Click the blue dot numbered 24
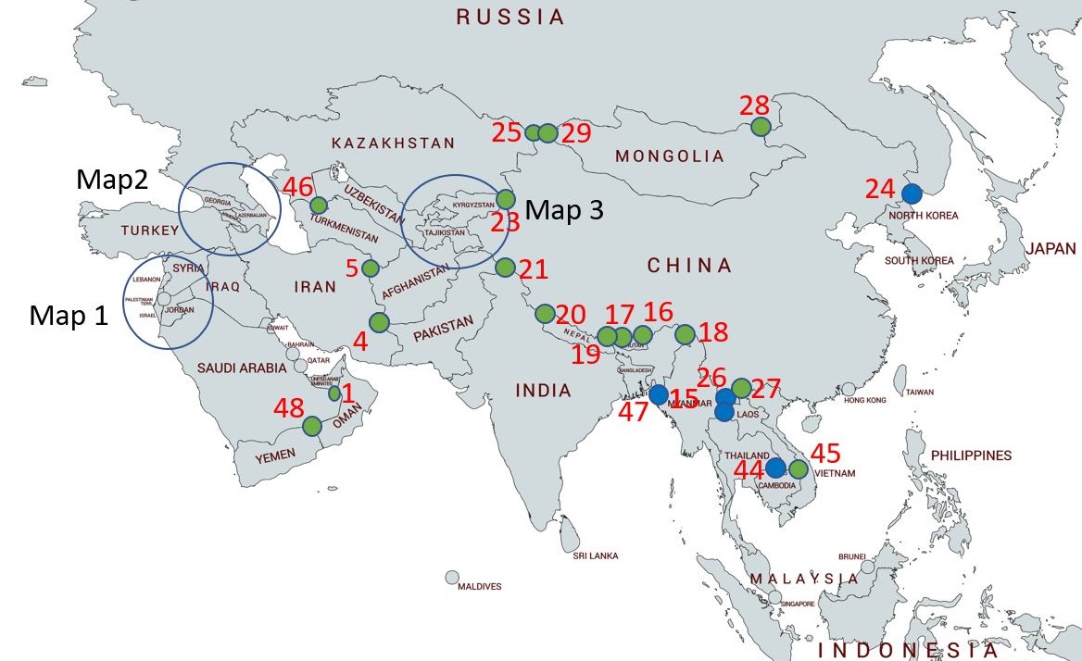pyautogui.click(x=912, y=193)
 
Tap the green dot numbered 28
pyautogui.click(x=761, y=127)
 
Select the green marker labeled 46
pyautogui.click(x=319, y=205)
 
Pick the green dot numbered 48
pyautogui.click(x=311, y=426)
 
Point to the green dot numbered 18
pyautogui.click(x=686, y=334)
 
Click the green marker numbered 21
pyautogui.click(x=505, y=268)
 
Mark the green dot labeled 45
pyautogui.click(x=799, y=468)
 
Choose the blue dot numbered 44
pyautogui.click(x=775, y=468)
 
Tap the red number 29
pyautogui.click(x=575, y=132)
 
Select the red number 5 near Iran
pyautogui.click(x=351, y=268)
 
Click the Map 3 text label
pyautogui.click(x=564, y=210)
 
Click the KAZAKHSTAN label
pyautogui.click(x=393, y=143)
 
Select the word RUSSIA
pyautogui.click(x=510, y=16)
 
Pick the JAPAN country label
pyautogui.click(x=1051, y=248)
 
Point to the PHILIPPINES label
pyautogui.click(x=972, y=455)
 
